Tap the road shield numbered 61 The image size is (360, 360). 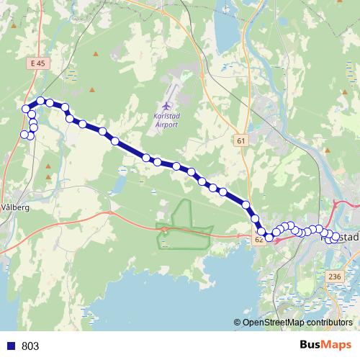(x=240, y=141)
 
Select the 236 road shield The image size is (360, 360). (x=334, y=276)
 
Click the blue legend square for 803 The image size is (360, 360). (x=11, y=346)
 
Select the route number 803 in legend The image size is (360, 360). (x=30, y=346)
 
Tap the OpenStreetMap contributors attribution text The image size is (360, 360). (x=297, y=322)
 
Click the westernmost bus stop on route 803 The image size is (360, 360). (x=24, y=134)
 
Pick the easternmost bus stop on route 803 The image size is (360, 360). (x=336, y=236)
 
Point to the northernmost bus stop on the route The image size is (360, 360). (x=41, y=101)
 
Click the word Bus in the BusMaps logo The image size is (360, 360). (x=312, y=345)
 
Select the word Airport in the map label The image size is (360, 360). (x=166, y=124)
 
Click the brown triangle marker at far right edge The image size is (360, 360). (x=328, y=150)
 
